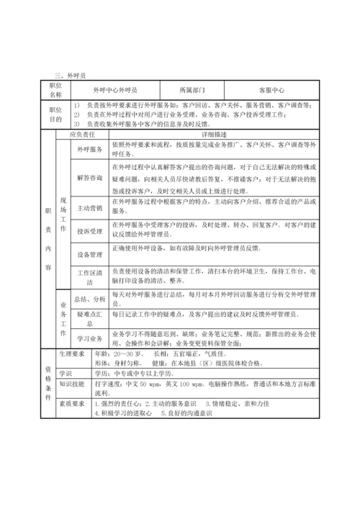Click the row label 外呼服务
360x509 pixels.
[90, 149]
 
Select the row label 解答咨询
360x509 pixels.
[90, 177]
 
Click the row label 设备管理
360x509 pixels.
[90, 254]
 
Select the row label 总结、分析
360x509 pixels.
[90, 298]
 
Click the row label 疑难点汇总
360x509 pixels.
[90, 320]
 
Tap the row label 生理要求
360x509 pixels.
[73, 354]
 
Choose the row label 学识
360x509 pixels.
[66, 374]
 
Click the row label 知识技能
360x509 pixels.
[73, 384]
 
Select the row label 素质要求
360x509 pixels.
[73, 405]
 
